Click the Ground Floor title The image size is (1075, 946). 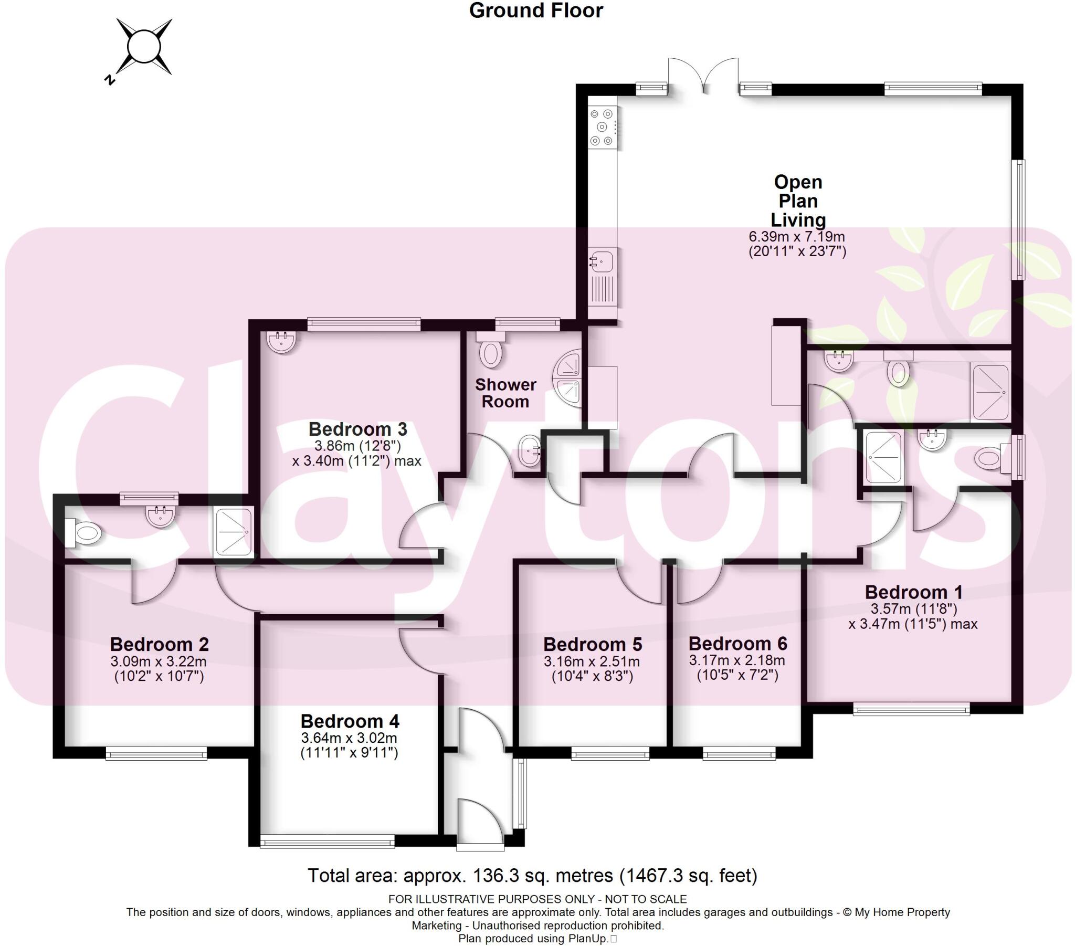(535, 10)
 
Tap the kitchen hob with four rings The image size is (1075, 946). (602, 127)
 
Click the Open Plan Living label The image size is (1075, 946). (798, 201)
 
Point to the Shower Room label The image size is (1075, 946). (505, 393)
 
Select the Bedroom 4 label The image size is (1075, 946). (350, 721)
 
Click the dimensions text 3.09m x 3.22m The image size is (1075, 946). (159, 661)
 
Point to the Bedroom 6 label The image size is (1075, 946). (737, 644)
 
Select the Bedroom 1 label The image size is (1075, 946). (913, 593)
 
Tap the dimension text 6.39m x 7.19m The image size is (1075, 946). (797, 237)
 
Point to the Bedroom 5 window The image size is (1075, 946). (610, 755)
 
